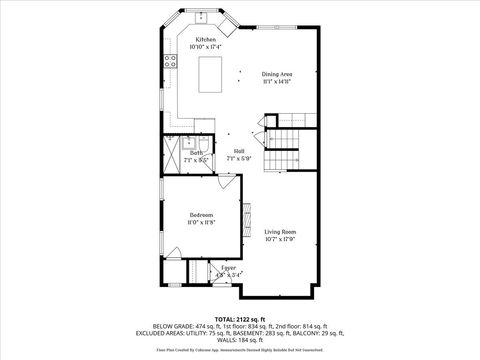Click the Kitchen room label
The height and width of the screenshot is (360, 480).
pyautogui.click(x=205, y=39)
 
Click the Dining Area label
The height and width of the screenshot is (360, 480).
pyautogui.click(x=277, y=74)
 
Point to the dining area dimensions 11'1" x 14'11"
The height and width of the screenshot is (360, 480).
pyautogui.click(x=277, y=81)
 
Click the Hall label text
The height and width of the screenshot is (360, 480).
pyautogui.click(x=239, y=150)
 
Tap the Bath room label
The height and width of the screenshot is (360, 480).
pyautogui.click(x=197, y=152)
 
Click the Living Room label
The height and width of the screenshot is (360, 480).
pyautogui.click(x=280, y=231)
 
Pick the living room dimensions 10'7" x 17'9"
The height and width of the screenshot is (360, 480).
pyautogui.click(x=280, y=238)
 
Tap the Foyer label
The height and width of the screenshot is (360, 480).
pyautogui.click(x=228, y=267)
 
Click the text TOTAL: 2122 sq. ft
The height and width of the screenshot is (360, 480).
pyautogui.click(x=240, y=318)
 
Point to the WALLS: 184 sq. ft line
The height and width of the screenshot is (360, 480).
pyautogui.click(x=240, y=340)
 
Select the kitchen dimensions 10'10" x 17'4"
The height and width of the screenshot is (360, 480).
pyautogui.click(x=205, y=46)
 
